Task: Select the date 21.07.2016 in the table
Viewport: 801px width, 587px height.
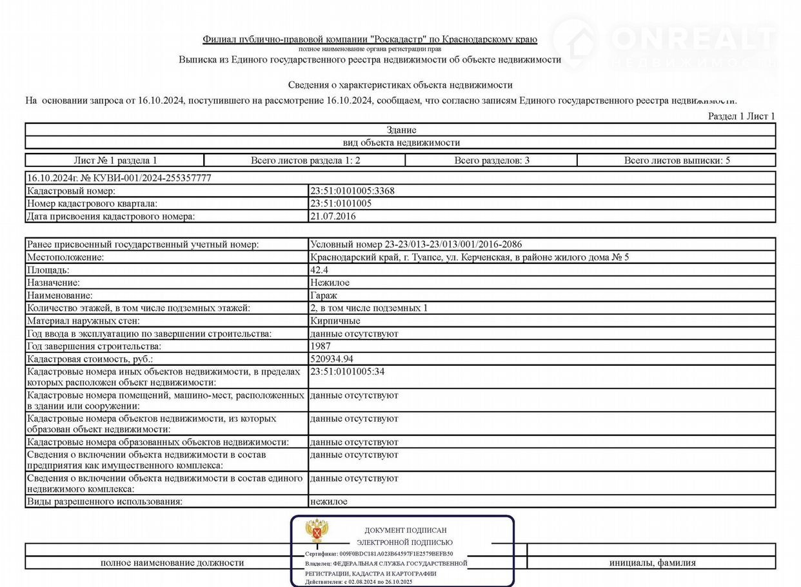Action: tap(333, 216)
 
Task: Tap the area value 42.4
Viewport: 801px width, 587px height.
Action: tap(319, 270)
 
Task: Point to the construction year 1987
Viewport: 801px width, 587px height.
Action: tap(321, 346)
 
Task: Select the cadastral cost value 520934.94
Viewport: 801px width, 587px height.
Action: tap(331, 359)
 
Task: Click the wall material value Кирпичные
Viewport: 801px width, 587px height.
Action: tap(335, 321)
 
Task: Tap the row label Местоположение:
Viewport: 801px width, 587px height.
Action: tap(66, 257)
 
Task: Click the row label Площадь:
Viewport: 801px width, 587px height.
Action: tap(48, 270)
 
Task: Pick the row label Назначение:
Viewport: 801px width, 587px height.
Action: tap(54, 283)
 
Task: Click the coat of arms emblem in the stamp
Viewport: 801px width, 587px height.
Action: tap(316, 530)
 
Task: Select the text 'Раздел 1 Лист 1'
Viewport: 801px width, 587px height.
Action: tap(742, 116)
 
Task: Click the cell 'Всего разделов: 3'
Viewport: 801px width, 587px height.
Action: tap(491, 161)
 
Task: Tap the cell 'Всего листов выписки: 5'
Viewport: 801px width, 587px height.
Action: tap(677, 161)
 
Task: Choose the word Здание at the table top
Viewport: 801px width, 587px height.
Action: tap(400, 130)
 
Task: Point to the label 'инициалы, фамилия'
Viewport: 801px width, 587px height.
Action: tap(652, 562)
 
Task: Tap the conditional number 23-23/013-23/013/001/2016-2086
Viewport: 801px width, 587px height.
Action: tap(453, 244)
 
